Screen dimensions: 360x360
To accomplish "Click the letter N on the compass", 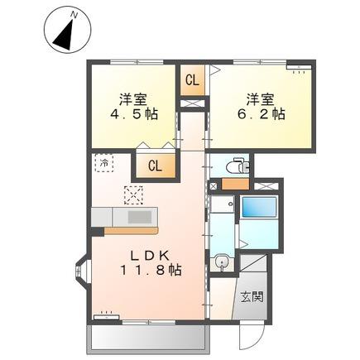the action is pos(74,15).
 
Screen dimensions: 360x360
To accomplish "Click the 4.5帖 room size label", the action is pos(134,113).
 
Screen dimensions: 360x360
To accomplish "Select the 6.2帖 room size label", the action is pos(262,113).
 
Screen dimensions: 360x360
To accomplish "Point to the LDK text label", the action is pos(150,257).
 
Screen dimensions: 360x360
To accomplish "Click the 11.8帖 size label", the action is pos(151,270).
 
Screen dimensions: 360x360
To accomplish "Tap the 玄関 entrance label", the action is pos(252,296).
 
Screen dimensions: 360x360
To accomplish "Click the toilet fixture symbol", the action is pos(238,166).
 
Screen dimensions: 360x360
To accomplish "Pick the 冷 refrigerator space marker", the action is pos(104,163).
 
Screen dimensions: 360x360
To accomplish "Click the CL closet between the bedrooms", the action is pos(192,80).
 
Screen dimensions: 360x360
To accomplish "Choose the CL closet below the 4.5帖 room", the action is pos(155,166).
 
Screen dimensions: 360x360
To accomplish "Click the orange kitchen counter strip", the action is pos(131,231).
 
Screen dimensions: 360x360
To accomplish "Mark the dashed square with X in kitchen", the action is pos(134,195).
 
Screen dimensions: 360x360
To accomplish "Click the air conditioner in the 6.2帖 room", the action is pos(299,67).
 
